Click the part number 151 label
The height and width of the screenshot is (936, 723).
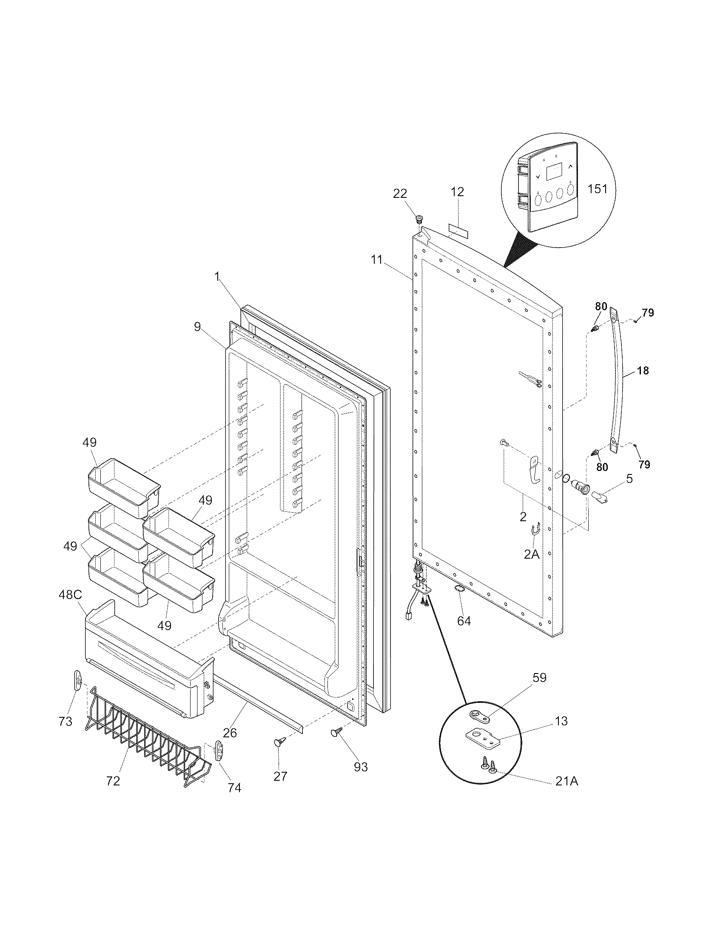pos(597,188)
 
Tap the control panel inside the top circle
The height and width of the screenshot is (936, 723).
pos(552,188)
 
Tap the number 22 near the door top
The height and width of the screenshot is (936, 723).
pos(400,194)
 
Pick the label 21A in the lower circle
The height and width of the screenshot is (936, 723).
pos(566,782)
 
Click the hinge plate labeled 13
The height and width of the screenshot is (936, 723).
pos(482,739)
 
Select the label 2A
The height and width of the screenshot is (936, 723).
pos(531,554)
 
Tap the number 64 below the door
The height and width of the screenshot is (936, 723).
pos(464,621)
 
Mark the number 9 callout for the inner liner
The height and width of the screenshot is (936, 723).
pos(196,327)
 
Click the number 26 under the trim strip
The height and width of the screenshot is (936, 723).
pos(230,733)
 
